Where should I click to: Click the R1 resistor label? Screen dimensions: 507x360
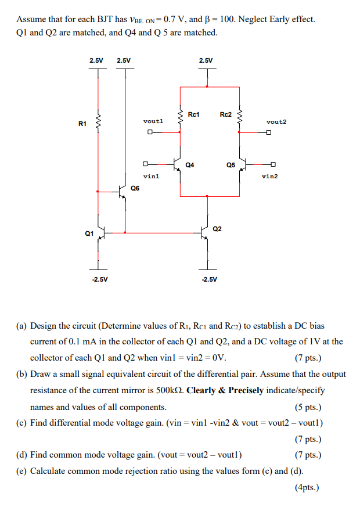click(x=82, y=123)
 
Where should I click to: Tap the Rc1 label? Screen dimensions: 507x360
click(x=194, y=114)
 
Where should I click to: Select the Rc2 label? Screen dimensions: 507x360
click(x=226, y=114)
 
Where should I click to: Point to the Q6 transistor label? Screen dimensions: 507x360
click(x=135, y=188)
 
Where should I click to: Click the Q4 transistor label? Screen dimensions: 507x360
click(x=190, y=165)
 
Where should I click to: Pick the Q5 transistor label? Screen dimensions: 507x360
click(x=231, y=165)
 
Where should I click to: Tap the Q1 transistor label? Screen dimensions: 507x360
click(x=89, y=233)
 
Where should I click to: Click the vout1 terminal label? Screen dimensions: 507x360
click(x=153, y=121)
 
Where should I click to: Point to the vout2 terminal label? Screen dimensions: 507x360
click(x=276, y=121)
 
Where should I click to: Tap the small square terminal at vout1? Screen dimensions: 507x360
click(x=150, y=132)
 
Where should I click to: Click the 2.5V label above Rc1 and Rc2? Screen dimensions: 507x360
click(x=206, y=60)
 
